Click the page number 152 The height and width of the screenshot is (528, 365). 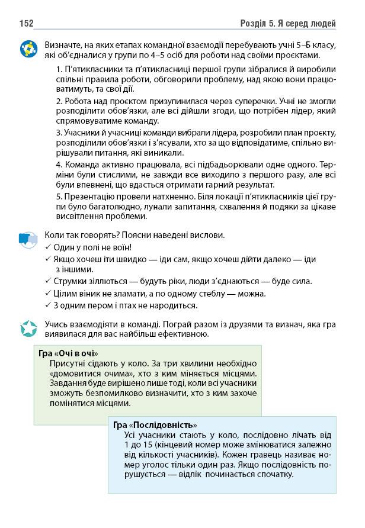click(22, 24)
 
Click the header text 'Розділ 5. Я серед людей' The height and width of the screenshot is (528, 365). click(287, 24)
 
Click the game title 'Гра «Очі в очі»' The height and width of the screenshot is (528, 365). click(69, 353)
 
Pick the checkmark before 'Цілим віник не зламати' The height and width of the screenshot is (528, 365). click(48, 293)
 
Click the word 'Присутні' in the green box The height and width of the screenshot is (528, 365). click(68, 363)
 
